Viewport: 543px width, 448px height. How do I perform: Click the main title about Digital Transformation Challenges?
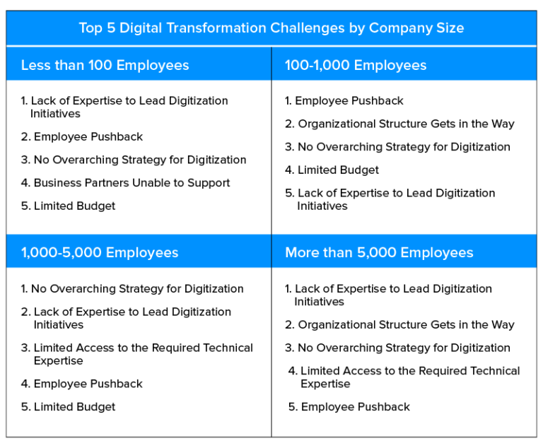tap(271, 28)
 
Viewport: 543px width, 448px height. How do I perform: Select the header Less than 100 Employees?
tap(105, 66)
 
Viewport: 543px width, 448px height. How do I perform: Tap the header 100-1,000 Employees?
tap(356, 66)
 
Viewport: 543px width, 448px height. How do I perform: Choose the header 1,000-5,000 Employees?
tap(100, 253)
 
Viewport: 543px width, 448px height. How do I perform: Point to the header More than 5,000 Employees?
tap(379, 253)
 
